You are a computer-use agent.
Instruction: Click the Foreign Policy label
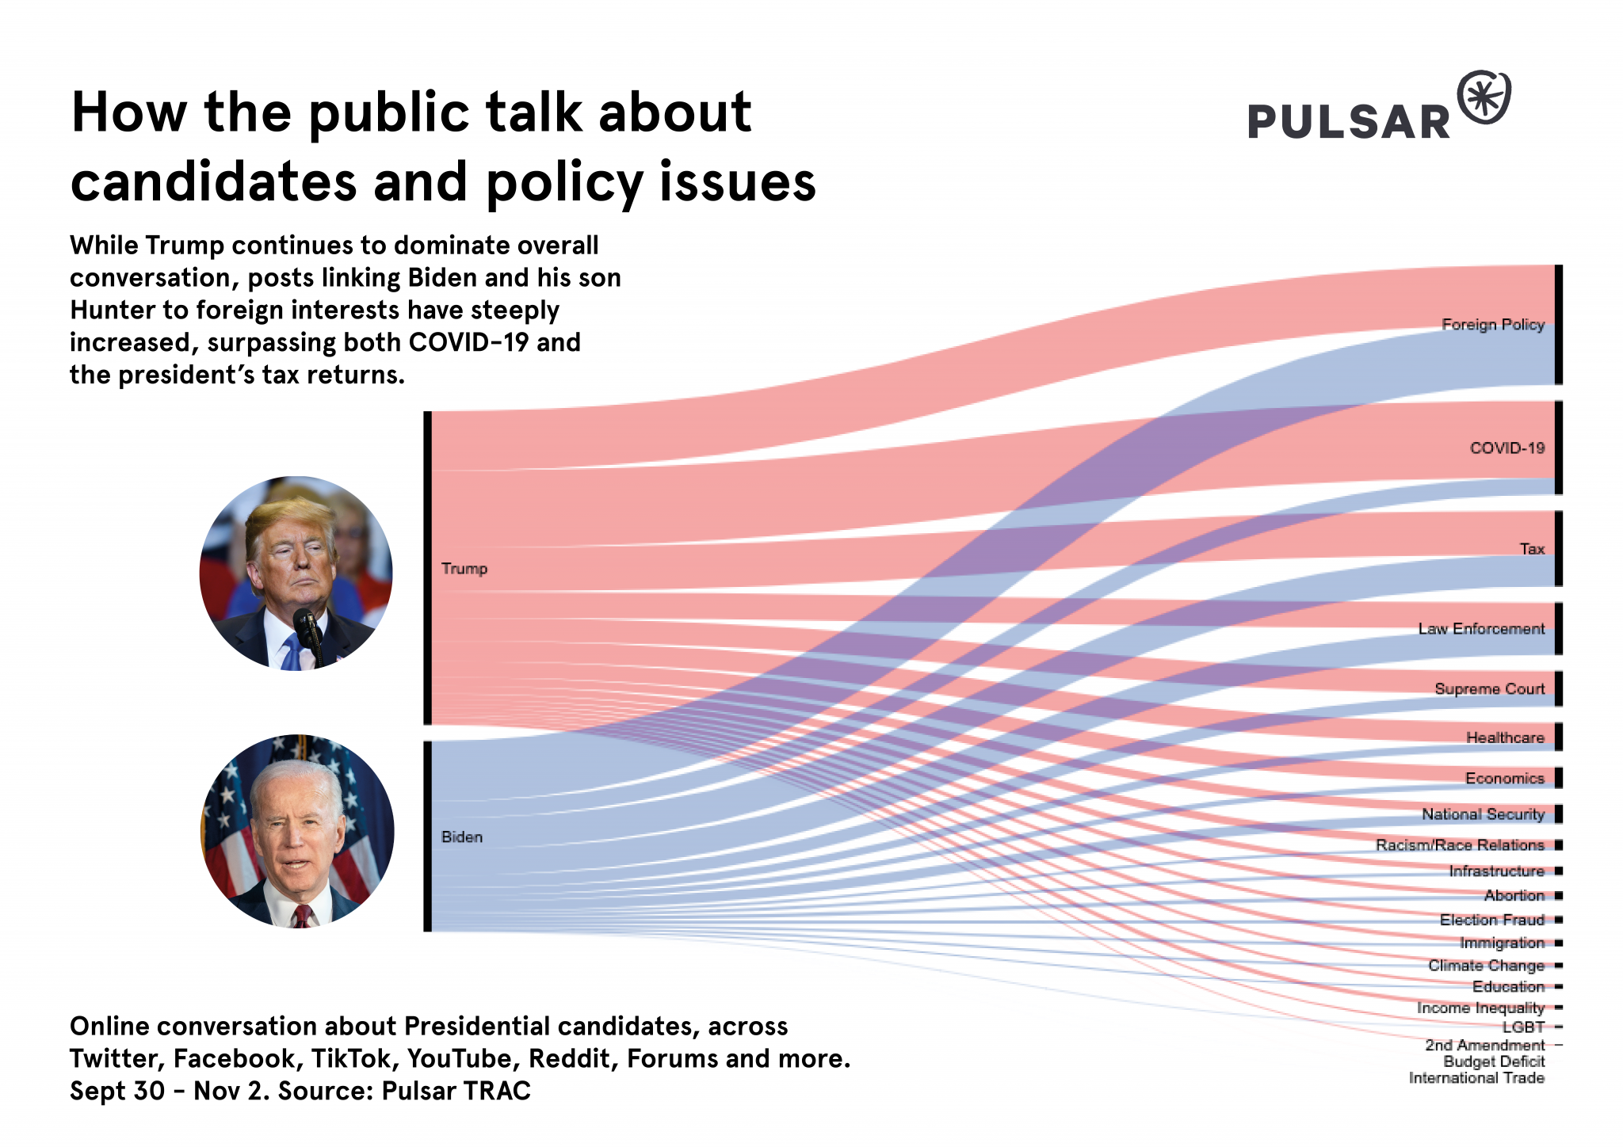tap(1492, 324)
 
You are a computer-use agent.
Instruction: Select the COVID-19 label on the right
tap(1507, 448)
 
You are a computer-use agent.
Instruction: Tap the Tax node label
tap(1532, 549)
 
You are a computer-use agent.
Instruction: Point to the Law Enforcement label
tap(1480, 629)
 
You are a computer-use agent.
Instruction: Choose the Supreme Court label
tap(1489, 689)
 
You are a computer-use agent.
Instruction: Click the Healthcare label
tap(1504, 737)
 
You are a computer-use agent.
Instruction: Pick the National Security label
tap(1482, 814)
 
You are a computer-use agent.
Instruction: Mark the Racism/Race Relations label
tap(1459, 845)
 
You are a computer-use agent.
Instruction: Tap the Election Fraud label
tap(1491, 920)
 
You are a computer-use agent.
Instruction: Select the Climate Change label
tap(1486, 966)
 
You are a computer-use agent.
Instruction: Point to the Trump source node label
tap(464, 569)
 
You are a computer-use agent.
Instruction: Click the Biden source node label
tap(461, 837)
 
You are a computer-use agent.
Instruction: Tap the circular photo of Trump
tap(296, 573)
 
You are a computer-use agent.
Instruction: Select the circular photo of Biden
tap(297, 831)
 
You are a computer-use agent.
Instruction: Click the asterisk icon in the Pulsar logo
tap(1484, 98)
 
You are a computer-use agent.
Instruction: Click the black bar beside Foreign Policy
tap(1558, 325)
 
